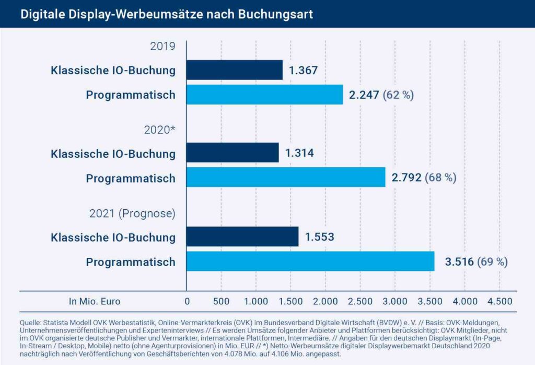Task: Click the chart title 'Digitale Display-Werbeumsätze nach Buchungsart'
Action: pyautogui.click(x=167, y=14)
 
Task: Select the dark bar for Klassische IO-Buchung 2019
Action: pyautogui.click(x=235, y=70)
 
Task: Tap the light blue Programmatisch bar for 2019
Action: pyautogui.click(x=265, y=95)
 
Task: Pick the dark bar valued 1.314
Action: pyautogui.click(x=233, y=153)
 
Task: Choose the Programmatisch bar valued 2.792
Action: pyautogui.click(x=286, y=177)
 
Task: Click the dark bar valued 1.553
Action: pyautogui.click(x=242, y=237)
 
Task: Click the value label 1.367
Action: pyautogui.click(x=303, y=70)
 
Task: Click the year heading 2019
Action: pyautogui.click(x=162, y=46)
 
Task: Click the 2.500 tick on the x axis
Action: pyautogui.click(x=360, y=301)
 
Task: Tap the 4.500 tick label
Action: pyautogui.click(x=499, y=301)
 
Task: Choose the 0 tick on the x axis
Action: pyautogui.click(x=187, y=301)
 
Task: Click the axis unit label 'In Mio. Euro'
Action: pyautogui.click(x=95, y=301)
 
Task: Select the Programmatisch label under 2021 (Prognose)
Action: pyautogui.click(x=131, y=261)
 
